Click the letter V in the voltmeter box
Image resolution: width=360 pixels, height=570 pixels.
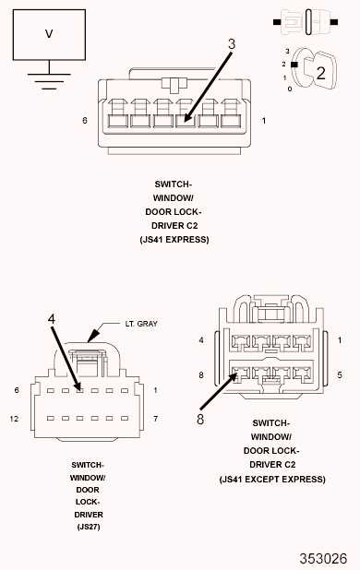pos(49,34)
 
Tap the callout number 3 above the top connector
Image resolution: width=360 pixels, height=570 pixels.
pos(232,44)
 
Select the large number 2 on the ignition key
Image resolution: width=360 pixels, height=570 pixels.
pos(320,73)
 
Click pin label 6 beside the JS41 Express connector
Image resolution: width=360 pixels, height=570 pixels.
pos(85,120)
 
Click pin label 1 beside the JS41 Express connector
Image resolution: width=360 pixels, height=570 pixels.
pos(264,120)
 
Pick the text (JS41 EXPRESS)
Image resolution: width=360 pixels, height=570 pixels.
pos(174,240)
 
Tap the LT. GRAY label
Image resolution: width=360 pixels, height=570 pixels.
pos(141,324)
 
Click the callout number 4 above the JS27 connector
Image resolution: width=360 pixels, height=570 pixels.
pos(52,319)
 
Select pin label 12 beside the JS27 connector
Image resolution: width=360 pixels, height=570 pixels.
pos(14,419)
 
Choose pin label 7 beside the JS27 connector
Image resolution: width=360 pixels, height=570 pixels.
pos(155,419)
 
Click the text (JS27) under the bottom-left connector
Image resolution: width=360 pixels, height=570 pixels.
pos(89,527)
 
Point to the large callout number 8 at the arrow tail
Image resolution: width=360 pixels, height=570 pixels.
pos(200,419)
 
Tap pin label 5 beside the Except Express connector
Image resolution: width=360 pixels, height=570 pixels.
pos(340,374)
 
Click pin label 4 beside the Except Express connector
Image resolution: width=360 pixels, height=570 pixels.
pos(201,340)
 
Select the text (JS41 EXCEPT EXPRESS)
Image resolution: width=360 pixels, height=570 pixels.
pos(272,479)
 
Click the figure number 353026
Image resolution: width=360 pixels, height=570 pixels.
pos(323,558)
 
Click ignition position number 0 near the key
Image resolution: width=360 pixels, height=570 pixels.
pos(290,89)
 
